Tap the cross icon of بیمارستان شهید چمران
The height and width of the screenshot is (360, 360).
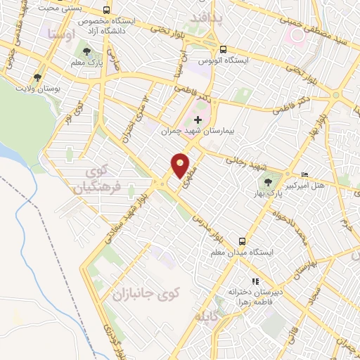198,120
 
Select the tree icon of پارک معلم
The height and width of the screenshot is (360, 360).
87,51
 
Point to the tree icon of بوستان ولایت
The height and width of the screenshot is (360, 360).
37,77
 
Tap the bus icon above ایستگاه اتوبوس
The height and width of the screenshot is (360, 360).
223,49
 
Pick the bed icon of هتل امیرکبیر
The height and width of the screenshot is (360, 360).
304,174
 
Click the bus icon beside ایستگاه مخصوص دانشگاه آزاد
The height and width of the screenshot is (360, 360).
106,11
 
